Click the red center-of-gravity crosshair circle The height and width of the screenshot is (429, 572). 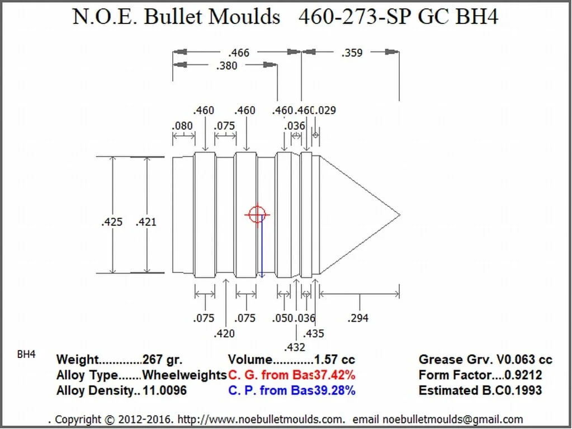[257, 214]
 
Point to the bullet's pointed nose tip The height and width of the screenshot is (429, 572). [399, 215]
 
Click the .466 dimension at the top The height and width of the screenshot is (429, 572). [239, 53]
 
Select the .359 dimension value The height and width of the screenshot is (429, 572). [352, 53]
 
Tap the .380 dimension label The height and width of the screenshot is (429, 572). [226, 65]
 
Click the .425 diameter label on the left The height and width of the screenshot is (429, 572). [112, 222]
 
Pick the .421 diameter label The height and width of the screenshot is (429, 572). [146, 222]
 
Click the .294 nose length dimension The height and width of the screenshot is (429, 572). [358, 318]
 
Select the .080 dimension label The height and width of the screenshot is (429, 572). [182, 126]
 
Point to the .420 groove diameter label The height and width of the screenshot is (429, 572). [224, 333]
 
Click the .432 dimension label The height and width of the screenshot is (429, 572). [295, 347]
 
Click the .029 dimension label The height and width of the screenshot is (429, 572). [326, 110]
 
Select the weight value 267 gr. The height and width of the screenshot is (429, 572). [162, 360]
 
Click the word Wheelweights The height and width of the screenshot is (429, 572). [185, 375]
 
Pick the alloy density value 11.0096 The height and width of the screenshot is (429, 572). [164, 390]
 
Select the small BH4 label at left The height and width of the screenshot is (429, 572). [27, 355]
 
